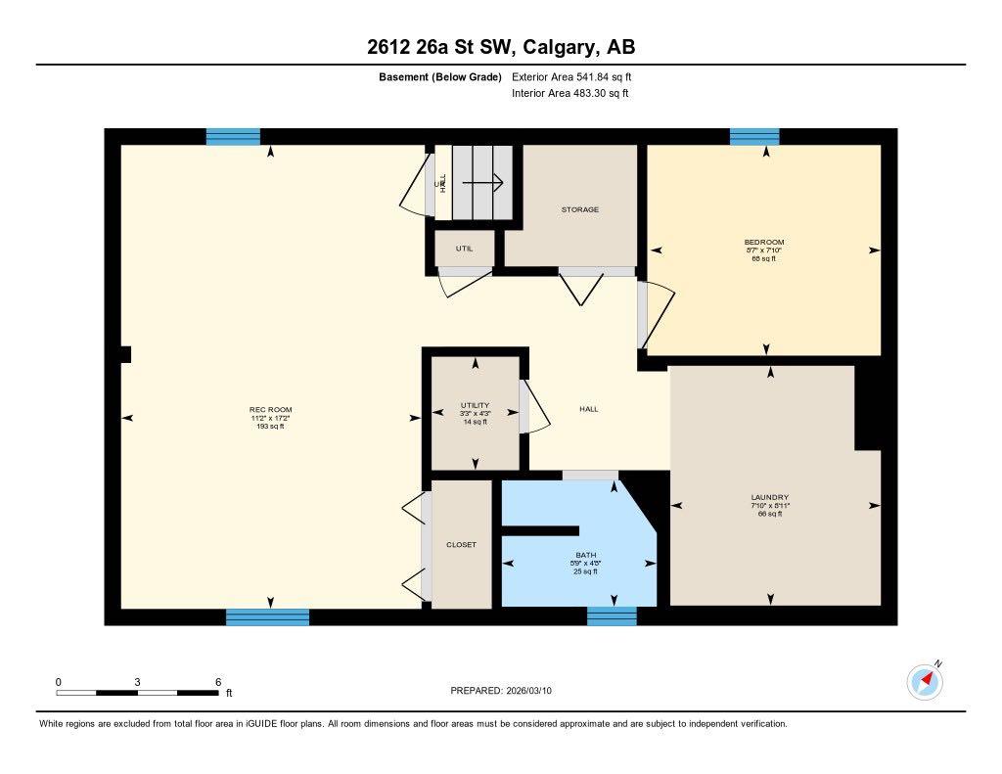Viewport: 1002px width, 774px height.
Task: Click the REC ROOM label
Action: (270, 410)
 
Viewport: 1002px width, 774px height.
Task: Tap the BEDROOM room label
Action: (764, 243)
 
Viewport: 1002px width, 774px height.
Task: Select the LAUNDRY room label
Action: (769, 497)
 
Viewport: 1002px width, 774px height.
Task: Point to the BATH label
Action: (586, 555)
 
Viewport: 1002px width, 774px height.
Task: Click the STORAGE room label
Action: (579, 209)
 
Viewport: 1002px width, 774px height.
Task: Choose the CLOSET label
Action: (461, 545)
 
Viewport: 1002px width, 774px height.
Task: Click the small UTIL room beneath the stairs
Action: (464, 249)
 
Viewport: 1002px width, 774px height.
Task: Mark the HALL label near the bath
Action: (588, 409)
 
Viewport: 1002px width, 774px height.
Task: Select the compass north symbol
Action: (925, 680)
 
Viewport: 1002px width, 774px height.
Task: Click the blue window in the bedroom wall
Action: (753, 137)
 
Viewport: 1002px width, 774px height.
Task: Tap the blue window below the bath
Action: (612, 615)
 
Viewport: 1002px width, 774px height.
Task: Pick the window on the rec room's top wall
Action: (233, 137)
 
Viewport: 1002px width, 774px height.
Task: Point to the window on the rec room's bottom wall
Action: (267, 616)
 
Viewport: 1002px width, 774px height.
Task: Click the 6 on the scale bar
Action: (218, 682)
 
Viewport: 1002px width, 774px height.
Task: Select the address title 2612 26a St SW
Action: (501, 47)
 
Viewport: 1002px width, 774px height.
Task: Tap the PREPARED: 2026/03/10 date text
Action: (507, 691)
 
